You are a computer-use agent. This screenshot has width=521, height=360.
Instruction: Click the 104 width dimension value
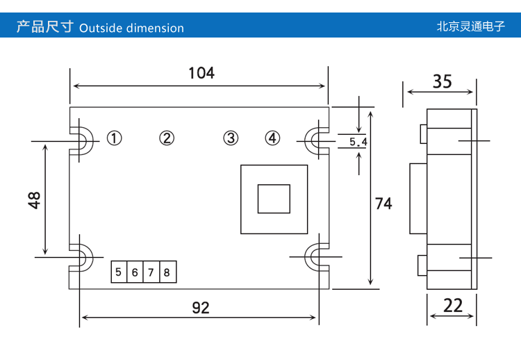(x=201, y=72)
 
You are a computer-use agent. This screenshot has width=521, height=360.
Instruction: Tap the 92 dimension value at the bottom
(x=201, y=307)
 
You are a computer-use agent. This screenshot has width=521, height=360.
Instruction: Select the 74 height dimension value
(x=383, y=204)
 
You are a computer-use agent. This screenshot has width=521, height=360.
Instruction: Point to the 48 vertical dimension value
(x=35, y=199)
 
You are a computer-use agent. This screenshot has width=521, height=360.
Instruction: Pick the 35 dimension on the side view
(x=442, y=81)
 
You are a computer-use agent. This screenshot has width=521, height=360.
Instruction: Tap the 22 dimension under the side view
(x=452, y=305)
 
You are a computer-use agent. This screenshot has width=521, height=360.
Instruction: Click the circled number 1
(x=115, y=138)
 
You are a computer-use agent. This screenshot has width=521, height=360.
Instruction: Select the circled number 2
(x=167, y=138)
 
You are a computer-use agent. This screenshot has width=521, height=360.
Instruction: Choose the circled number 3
(x=231, y=138)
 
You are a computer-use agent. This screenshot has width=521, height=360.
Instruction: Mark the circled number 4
(x=272, y=138)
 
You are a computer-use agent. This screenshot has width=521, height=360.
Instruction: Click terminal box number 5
(x=119, y=272)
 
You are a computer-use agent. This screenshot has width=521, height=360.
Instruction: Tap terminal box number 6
(x=135, y=272)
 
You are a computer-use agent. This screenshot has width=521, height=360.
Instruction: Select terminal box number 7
(x=151, y=272)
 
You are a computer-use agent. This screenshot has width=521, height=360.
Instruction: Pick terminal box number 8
(x=167, y=272)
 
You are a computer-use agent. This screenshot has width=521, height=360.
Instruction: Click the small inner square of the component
(x=274, y=199)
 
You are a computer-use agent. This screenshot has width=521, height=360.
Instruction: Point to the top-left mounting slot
(x=81, y=141)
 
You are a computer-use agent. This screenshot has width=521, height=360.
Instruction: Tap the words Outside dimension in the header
(x=132, y=28)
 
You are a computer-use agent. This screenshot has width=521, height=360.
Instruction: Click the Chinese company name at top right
(x=470, y=28)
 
